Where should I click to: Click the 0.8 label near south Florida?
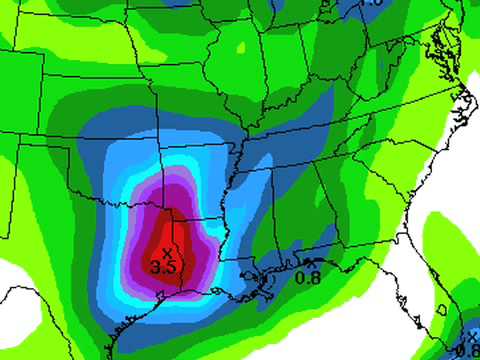click(466, 351)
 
